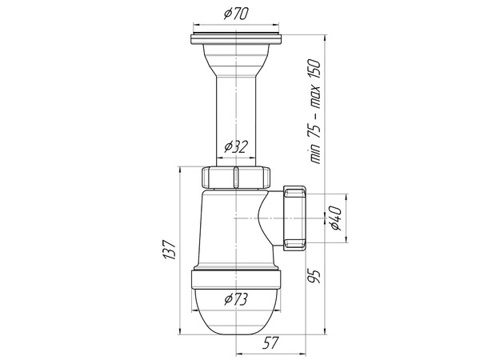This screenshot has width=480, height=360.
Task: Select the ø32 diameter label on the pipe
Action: (236, 146)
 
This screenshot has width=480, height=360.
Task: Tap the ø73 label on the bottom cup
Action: (236, 299)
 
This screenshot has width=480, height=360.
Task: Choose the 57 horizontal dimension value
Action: (271, 343)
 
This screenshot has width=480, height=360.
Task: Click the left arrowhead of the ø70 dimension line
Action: (193, 26)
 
